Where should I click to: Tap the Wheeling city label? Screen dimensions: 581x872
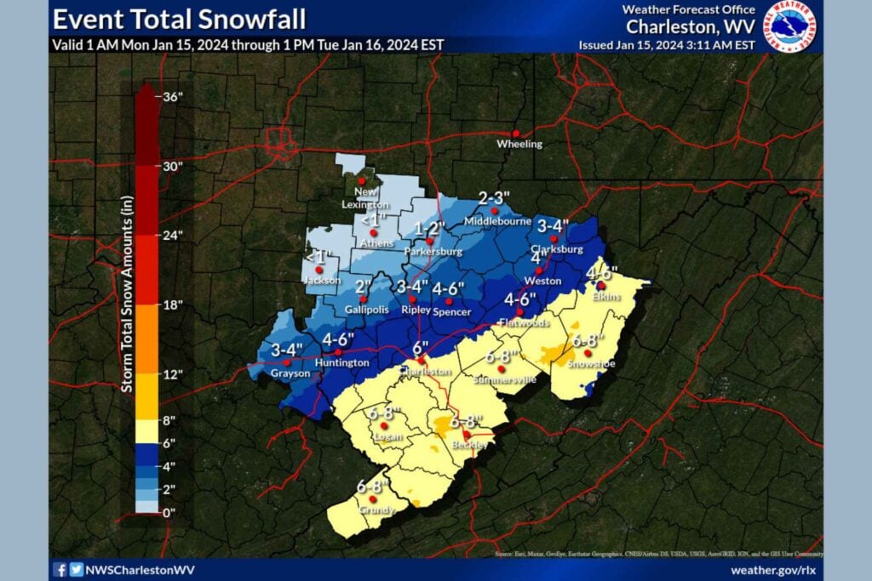(x=519, y=145)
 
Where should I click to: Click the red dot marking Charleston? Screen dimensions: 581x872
(x=421, y=359)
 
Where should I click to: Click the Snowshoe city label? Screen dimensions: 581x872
(x=589, y=363)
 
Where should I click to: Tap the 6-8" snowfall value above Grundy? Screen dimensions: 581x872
(x=373, y=486)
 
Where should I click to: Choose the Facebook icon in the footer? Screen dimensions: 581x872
(x=60, y=570)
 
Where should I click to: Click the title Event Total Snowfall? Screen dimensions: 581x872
(x=179, y=19)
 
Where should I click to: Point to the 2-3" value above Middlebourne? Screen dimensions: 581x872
(x=494, y=197)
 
